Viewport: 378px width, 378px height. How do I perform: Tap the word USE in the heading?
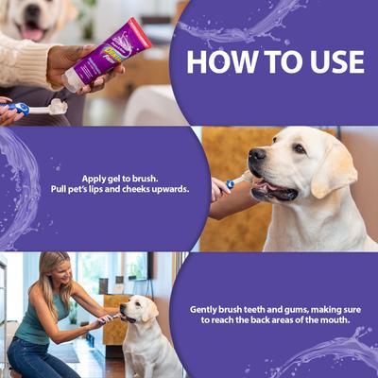pos(328,62)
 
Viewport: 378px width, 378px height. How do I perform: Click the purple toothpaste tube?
pos(106,56)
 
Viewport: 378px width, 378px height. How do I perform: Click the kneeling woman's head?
pos(52,269)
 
